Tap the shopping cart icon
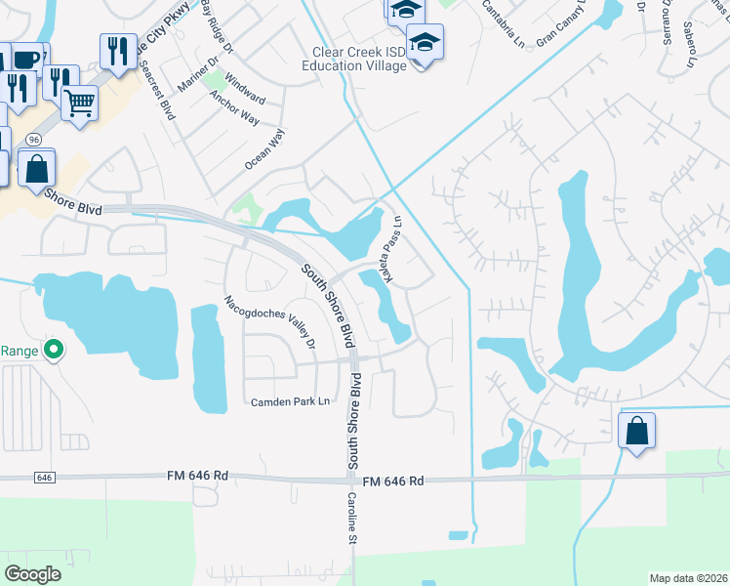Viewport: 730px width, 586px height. point(79,101)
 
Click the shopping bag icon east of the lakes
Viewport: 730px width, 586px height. point(636,430)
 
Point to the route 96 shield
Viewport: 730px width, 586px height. point(32,139)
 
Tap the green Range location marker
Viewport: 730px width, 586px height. point(55,348)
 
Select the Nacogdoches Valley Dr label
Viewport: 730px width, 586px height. point(270,321)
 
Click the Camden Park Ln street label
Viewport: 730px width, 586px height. point(290,401)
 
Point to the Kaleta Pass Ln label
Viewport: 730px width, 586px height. point(392,250)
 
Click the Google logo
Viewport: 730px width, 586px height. point(32,574)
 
